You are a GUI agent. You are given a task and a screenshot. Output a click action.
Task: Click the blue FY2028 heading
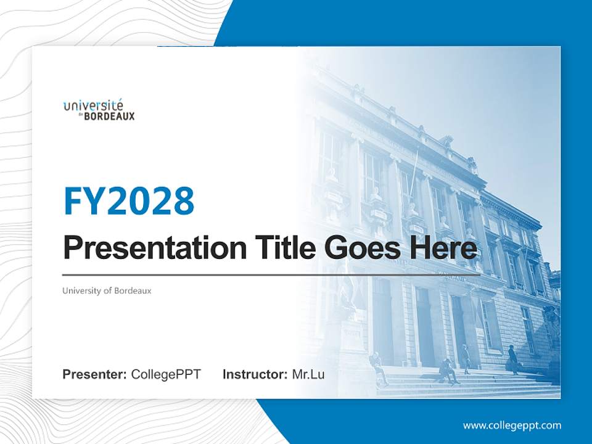coord(129,201)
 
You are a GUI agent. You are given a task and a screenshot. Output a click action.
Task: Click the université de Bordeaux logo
coord(99,109)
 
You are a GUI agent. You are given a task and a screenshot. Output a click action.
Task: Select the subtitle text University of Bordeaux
coord(107,290)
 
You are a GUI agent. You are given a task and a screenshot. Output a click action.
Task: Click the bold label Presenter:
coord(95,374)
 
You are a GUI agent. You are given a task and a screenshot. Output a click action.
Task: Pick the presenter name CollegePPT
coord(166,374)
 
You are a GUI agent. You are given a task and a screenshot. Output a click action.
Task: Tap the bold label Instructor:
coord(255,374)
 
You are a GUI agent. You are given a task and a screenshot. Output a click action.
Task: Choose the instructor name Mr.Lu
coord(308,374)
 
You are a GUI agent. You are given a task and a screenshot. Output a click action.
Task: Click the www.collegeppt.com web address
coord(512,425)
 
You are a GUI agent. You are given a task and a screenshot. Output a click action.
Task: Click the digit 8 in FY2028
coord(183,201)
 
